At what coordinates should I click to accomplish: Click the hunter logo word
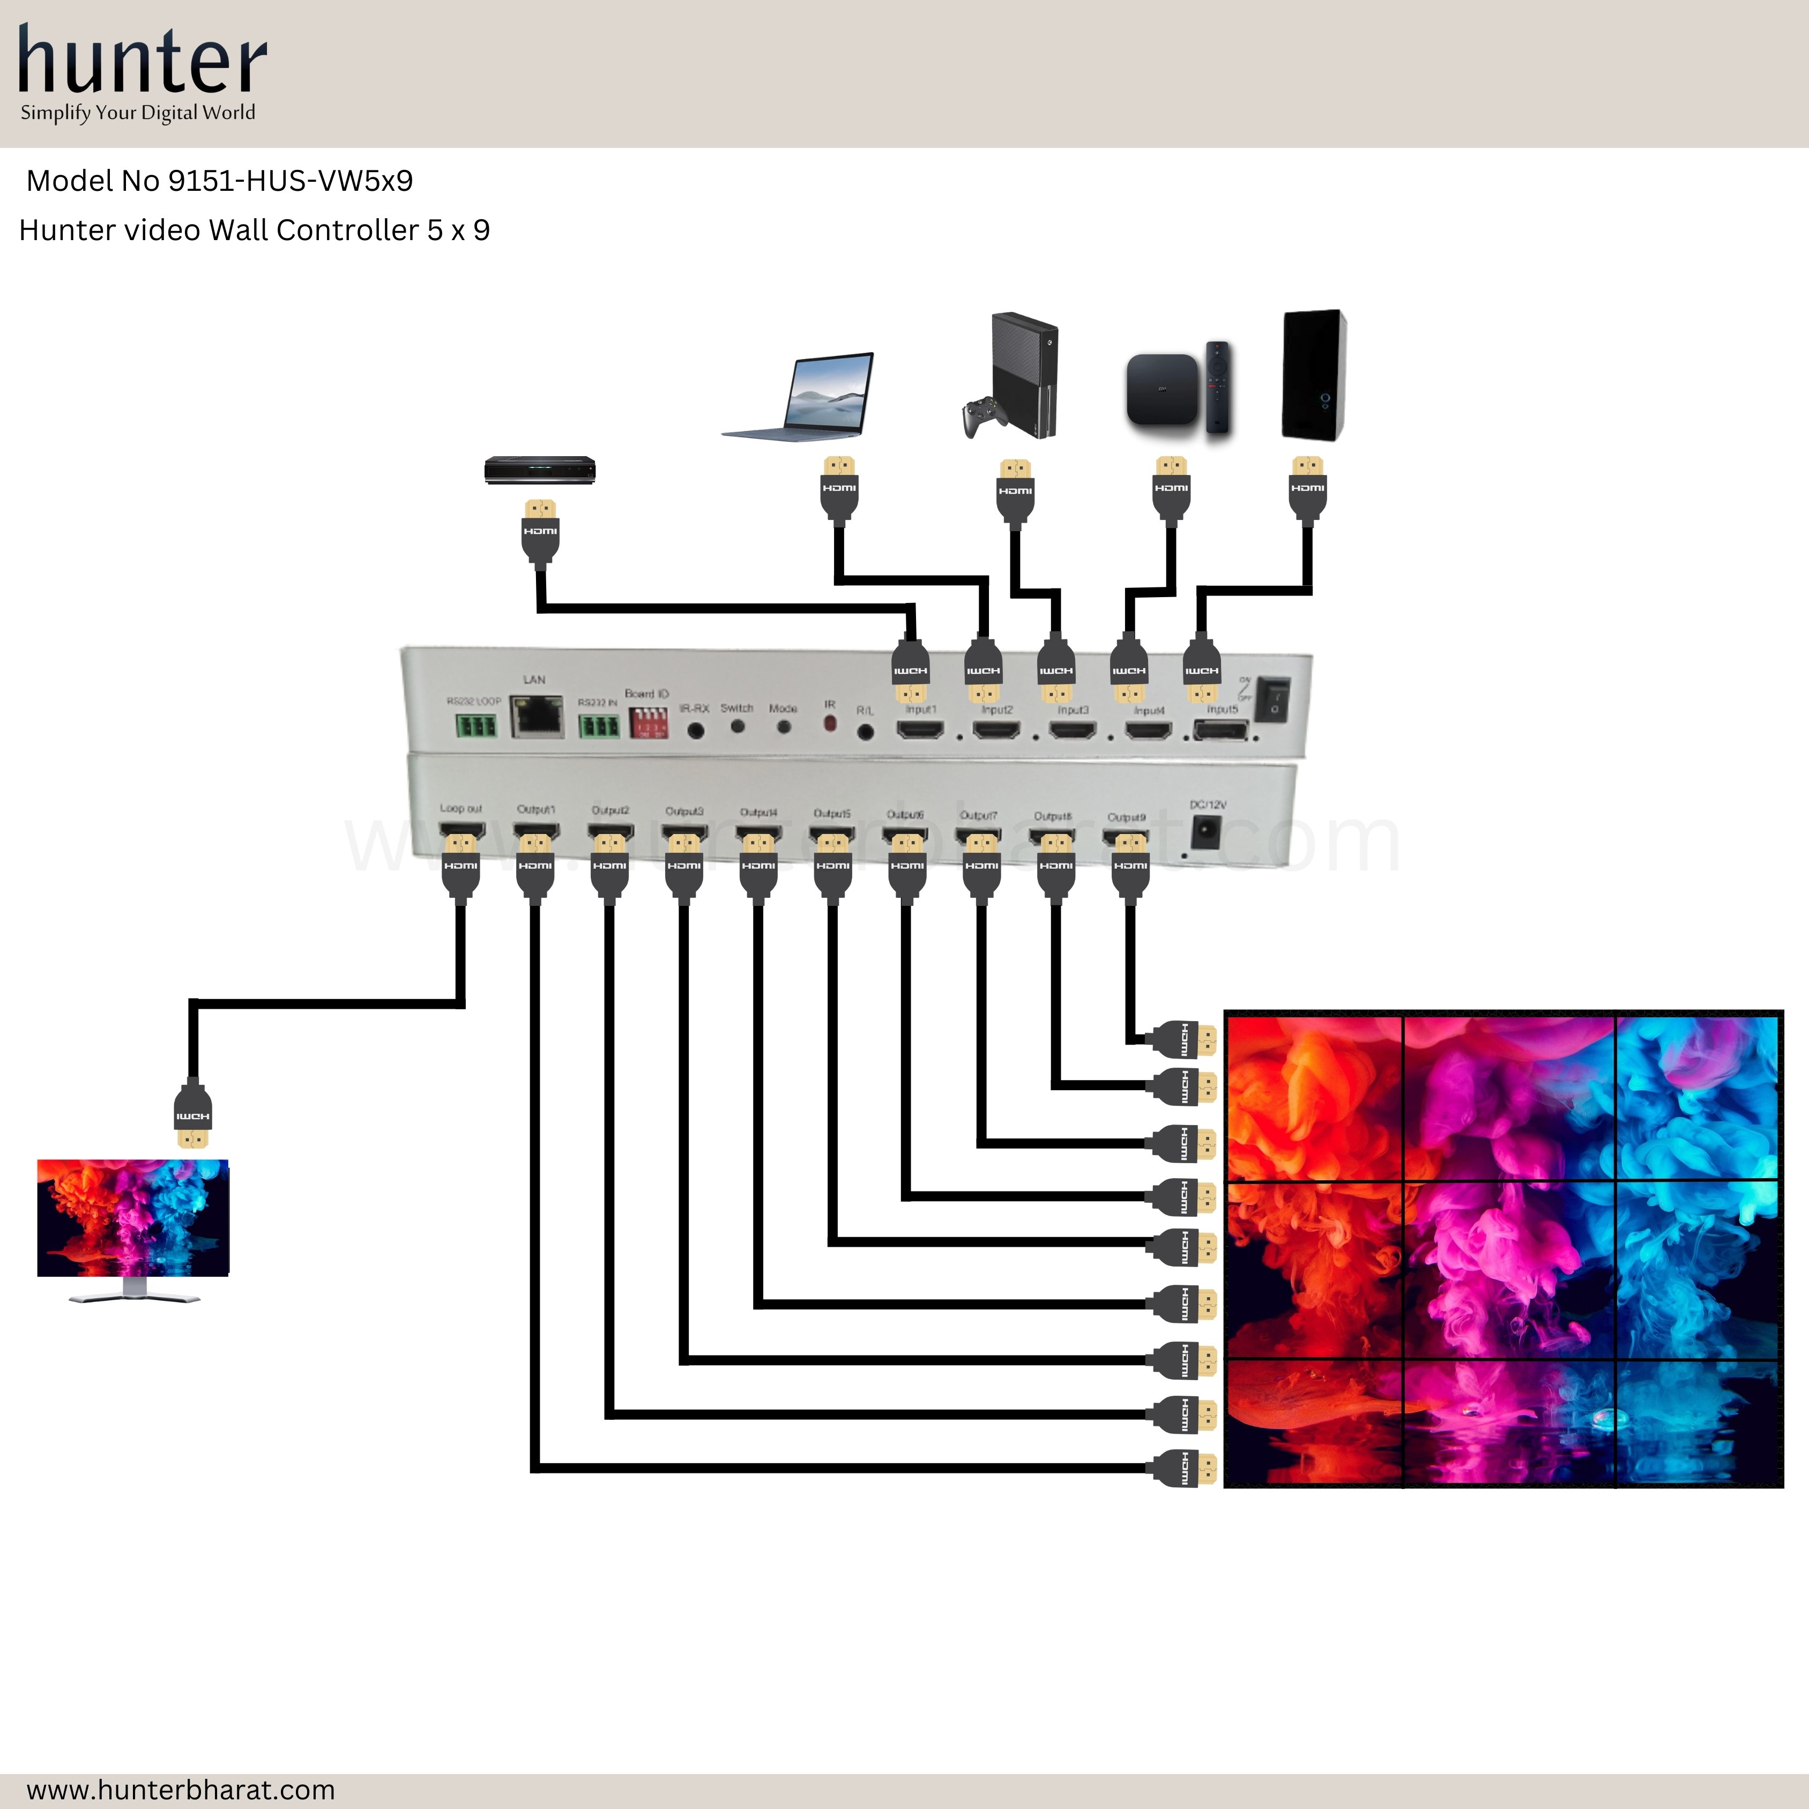[x=143, y=61]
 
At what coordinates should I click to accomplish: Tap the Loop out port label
[x=460, y=808]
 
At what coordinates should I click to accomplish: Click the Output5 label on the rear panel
[x=831, y=813]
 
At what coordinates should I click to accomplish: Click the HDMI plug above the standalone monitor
[x=193, y=1115]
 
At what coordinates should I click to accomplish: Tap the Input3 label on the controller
[x=1073, y=710]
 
